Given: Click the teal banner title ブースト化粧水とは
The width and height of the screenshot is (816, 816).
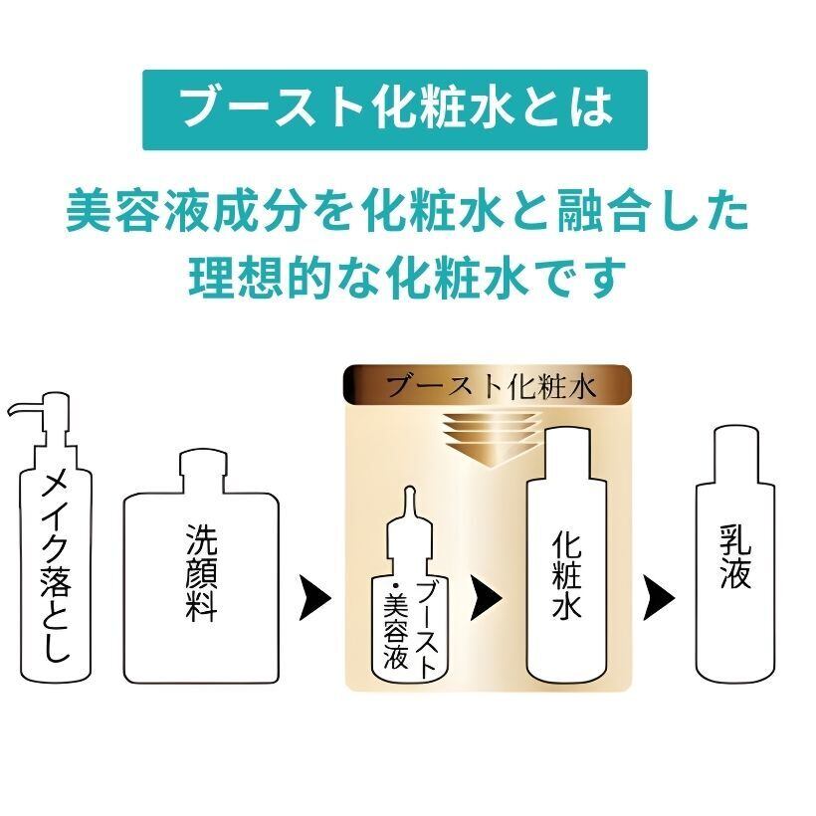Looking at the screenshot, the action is coord(396,109).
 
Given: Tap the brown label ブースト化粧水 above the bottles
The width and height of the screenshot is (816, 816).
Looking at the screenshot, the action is coord(492,386).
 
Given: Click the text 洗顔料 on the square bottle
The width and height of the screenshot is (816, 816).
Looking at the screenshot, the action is coord(201,573).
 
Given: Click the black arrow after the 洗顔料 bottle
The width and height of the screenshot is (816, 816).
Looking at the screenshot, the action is coord(314,597).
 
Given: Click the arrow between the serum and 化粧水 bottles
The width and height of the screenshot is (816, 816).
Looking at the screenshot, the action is coord(486,597).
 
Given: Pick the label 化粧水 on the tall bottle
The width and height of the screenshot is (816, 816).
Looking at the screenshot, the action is coord(566,574).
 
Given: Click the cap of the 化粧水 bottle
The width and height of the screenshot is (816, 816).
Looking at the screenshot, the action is coord(567,450).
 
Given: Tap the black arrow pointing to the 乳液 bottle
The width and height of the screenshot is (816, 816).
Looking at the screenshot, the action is coord(659,597).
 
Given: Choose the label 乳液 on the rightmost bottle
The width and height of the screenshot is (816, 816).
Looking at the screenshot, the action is coord(735,555).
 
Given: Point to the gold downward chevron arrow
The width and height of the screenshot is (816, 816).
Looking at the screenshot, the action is coord(490,438).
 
